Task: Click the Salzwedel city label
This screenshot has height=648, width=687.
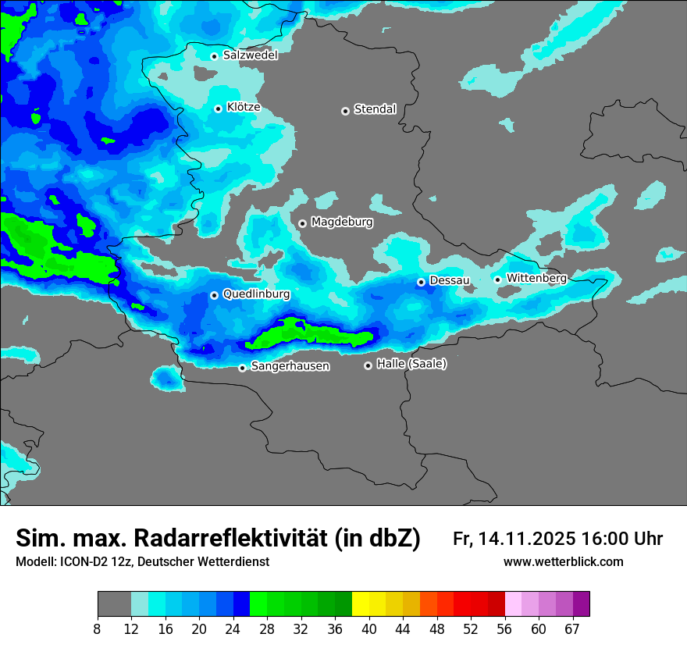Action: point(250,55)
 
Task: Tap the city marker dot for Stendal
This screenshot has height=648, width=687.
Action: point(345,111)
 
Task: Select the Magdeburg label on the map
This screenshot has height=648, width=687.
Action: point(342,223)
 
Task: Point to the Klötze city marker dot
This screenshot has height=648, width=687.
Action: point(218,109)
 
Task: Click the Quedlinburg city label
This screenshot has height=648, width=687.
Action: point(256,294)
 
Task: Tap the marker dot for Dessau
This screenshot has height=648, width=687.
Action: point(421,282)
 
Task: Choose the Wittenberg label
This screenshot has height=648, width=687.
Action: point(536,279)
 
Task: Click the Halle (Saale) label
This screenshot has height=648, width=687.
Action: point(411,364)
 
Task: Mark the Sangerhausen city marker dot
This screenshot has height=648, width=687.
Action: point(242,368)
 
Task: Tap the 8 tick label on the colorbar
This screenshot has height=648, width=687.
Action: point(98,628)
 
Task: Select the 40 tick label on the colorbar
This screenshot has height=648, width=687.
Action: point(368,628)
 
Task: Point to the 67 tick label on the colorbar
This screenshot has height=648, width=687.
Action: point(572,628)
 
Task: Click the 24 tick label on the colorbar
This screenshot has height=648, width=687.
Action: point(233,628)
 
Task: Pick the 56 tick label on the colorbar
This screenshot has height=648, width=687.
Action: point(504,628)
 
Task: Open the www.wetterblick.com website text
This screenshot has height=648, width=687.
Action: point(564,562)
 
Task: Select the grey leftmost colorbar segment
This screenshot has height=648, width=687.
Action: point(114,604)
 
